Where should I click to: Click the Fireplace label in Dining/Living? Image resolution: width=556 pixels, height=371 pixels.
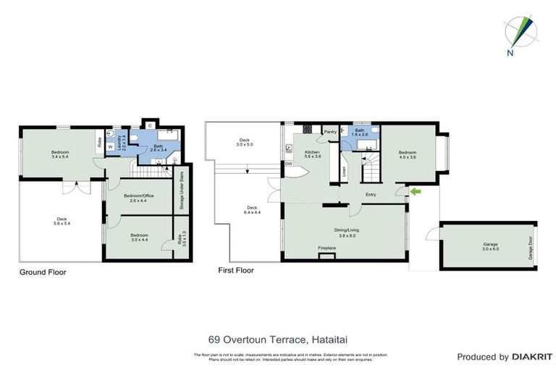(x=327, y=249)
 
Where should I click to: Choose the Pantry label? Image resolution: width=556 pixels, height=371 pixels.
(x=330, y=132)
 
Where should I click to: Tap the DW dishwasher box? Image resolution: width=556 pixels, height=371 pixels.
(x=288, y=164)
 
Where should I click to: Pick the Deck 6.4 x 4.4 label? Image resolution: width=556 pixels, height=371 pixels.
(x=248, y=210)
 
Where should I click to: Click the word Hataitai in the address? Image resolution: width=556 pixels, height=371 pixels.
(x=329, y=338)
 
